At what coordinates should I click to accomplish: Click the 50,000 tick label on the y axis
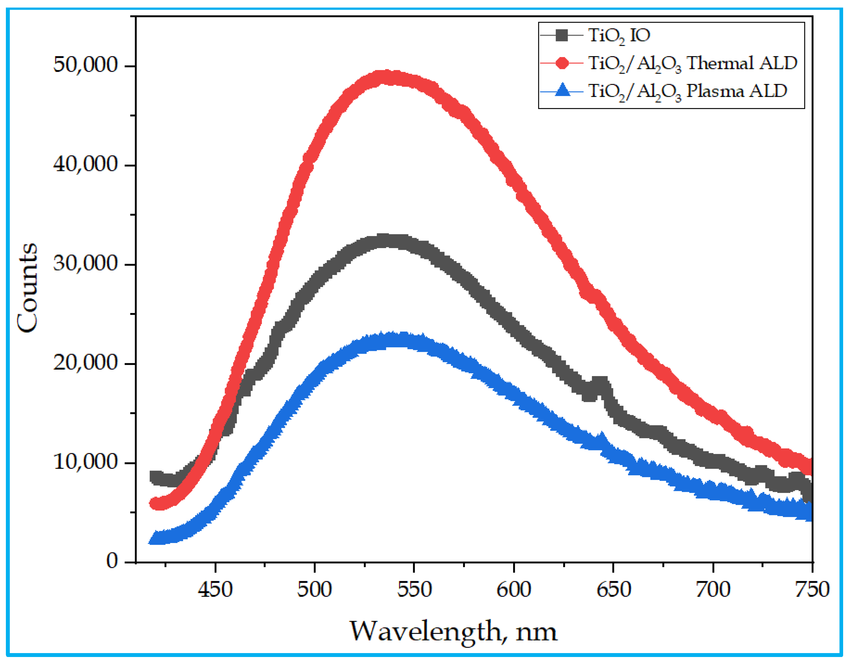(x=85, y=65)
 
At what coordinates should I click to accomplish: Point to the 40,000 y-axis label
(x=85, y=164)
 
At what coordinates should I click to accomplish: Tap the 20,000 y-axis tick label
(x=85, y=363)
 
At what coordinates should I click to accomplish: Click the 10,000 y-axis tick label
(x=85, y=462)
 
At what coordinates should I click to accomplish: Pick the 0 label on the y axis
(x=112, y=561)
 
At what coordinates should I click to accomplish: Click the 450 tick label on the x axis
(x=215, y=589)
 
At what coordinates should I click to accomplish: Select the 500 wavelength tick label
(x=314, y=589)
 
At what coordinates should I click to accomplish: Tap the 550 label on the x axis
(x=414, y=589)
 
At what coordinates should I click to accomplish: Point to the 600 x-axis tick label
(x=514, y=589)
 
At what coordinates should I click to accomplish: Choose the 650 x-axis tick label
(x=613, y=589)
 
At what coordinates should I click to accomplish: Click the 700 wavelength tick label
(x=713, y=589)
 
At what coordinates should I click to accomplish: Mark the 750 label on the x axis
(x=812, y=589)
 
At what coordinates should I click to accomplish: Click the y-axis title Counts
(x=27, y=288)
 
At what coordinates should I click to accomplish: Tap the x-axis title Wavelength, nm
(x=453, y=631)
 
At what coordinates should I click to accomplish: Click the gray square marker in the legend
(x=562, y=35)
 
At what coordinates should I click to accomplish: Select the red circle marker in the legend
(x=562, y=63)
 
